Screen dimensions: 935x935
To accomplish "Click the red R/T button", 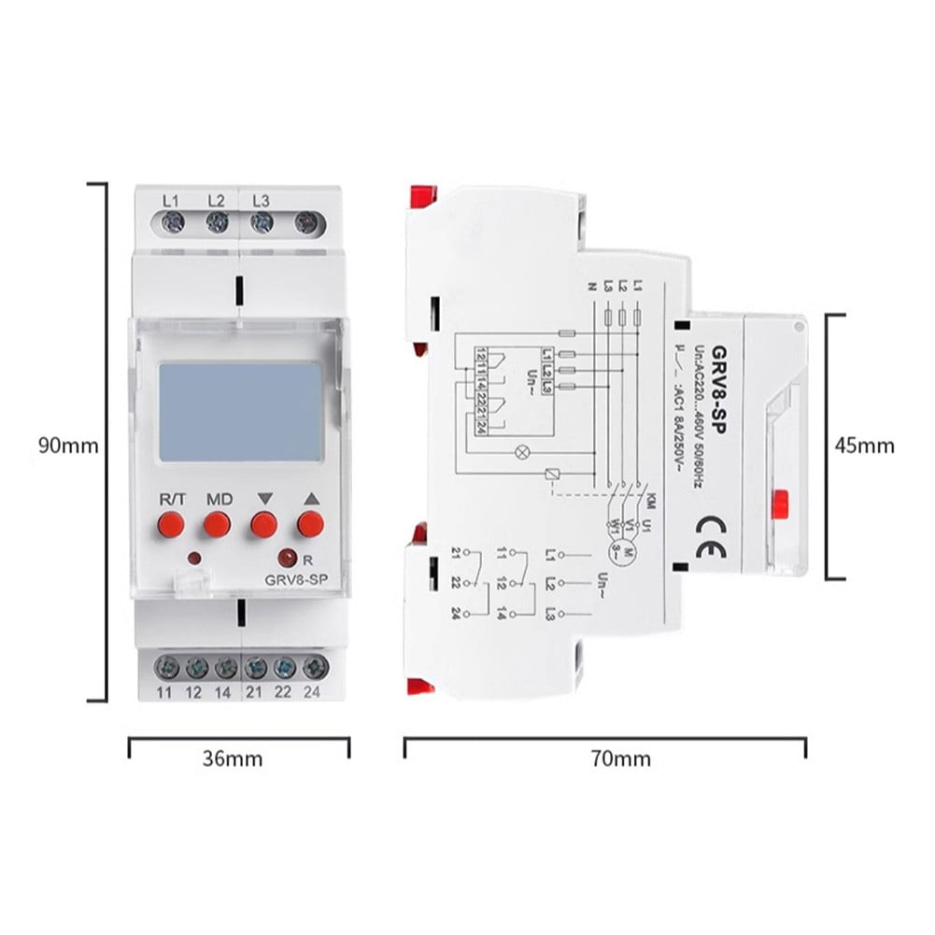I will (171, 525).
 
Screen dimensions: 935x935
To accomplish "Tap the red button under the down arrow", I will (263, 525).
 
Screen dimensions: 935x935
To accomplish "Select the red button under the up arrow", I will (310, 525).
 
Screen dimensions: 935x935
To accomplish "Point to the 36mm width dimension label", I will (233, 758).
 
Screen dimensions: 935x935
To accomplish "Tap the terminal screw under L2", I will (217, 222).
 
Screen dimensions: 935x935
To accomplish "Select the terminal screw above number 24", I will (315, 668).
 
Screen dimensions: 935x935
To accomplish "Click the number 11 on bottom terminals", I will (164, 693).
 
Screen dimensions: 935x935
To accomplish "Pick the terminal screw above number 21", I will (254, 668).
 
